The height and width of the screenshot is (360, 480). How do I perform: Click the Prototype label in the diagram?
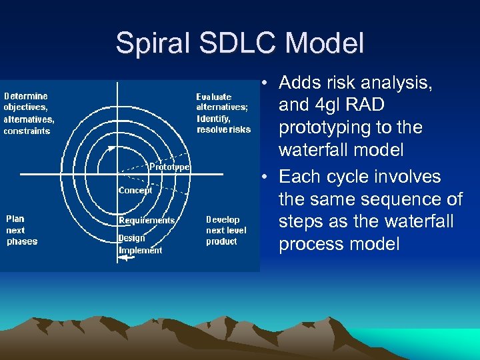coord(169,167)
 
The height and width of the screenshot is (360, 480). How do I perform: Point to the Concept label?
coord(135,190)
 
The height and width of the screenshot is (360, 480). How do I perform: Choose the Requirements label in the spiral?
coord(147,220)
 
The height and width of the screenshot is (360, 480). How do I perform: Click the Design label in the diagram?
coord(131,238)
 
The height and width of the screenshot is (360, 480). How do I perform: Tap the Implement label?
coord(140,250)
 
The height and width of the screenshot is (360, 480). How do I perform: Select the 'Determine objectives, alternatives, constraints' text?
coord(29,113)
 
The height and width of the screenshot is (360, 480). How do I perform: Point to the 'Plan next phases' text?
coord(22,230)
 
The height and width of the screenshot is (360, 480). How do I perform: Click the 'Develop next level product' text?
coord(226,230)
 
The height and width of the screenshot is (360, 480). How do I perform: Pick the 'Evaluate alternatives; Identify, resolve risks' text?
coord(223,113)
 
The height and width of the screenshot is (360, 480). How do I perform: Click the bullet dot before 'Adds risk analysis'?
coord(265,83)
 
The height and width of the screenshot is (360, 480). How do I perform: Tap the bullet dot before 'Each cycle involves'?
coord(265,177)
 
